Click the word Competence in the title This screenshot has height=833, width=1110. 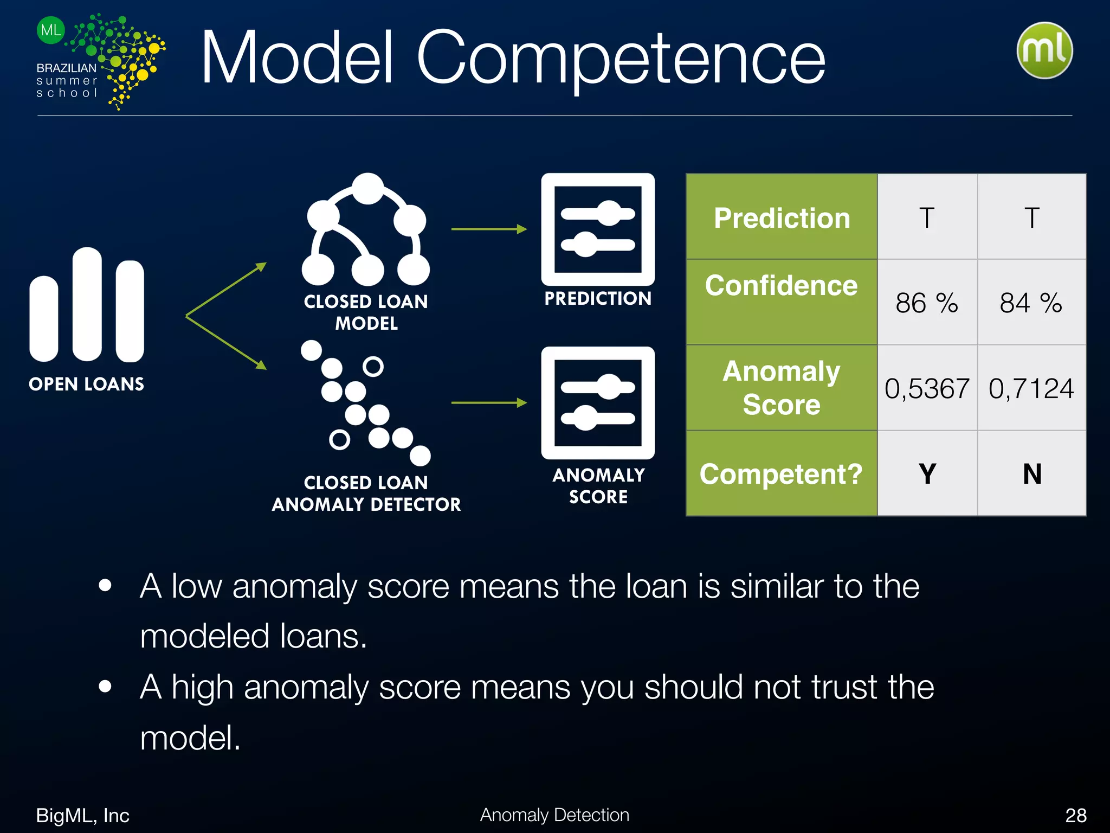[x=621, y=59]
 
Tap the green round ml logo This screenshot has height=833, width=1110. [x=1044, y=50]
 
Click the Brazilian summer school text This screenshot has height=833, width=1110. [x=67, y=80]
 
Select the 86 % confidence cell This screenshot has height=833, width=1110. [x=926, y=303]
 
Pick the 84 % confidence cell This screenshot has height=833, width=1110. [x=1031, y=303]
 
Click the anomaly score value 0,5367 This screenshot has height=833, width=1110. [x=926, y=388]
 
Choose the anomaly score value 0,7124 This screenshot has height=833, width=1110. [x=1031, y=388]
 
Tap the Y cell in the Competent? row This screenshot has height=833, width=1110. [x=927, y=473]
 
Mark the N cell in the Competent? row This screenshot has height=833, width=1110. [x=1032, y=473]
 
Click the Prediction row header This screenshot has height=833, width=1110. [x=782, y=218]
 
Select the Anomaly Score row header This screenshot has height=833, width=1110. [x=782, y=388]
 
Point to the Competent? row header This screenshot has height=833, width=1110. [x=781, y=473]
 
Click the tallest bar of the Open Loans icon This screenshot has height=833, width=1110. [x=87, y=304]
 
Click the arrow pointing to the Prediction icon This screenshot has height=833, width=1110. [x=488, y=229]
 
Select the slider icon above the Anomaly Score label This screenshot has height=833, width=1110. [x=598, y=403]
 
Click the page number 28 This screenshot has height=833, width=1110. [x=1075, y=815]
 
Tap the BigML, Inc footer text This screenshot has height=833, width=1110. [x=82, y=815]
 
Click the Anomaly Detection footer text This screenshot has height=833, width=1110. [x=554, y=815]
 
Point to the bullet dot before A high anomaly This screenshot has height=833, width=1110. [x=105, y=686]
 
